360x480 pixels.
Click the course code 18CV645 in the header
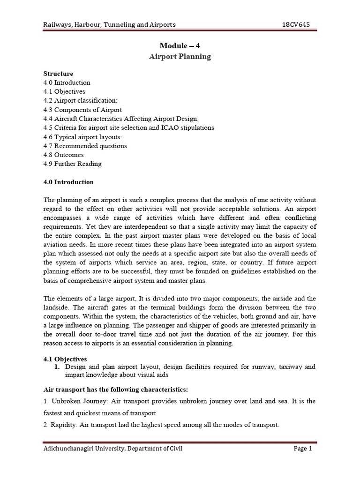click(x=296, y=24)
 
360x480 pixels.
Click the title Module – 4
click(x=180, y=45)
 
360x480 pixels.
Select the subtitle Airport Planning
click(x=180, y=56)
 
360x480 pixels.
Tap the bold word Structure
click(x=58, y=74)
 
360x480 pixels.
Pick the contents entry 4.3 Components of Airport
click(x=82, y=110)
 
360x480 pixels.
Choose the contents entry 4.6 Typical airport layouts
click(x=82, y=137)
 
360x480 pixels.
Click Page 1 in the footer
click(x=302, y=449)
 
